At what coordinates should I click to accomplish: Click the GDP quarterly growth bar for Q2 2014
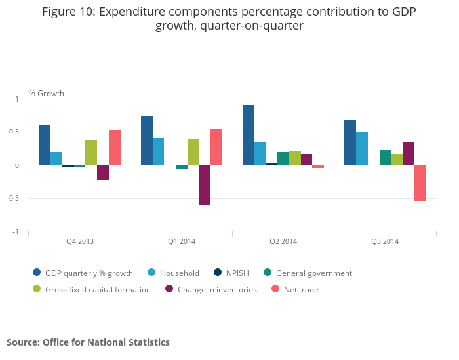[249, 135]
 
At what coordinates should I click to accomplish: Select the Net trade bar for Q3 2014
[420, 183]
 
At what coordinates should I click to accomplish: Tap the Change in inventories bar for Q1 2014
[205, 185]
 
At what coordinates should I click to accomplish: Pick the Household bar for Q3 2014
[361, 149]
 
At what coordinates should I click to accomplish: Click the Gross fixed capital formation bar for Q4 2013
[91, 152]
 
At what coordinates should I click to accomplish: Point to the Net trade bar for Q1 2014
[216, 147]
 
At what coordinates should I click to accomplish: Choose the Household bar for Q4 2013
[56, 159]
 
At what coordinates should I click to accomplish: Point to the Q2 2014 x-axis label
[283, 242]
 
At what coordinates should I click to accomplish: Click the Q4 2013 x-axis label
[80, 242]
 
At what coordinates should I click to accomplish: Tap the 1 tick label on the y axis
[18, 99]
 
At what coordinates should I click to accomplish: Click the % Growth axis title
[47, 94]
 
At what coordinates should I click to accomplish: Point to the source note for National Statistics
[88, 342]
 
